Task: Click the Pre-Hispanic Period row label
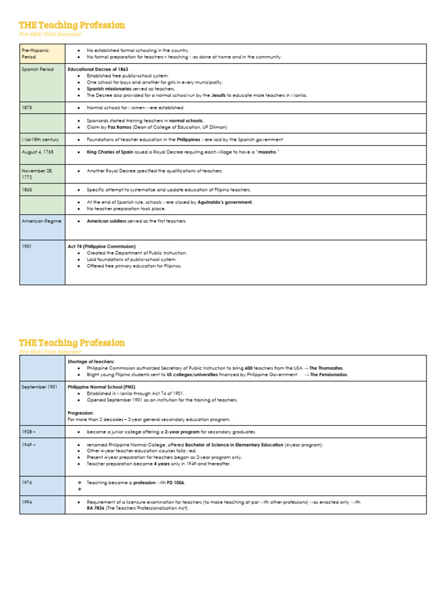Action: (35, 54)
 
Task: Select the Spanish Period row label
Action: (37, 69)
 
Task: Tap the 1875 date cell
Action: (27, 108)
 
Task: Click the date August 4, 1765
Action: (38, 152)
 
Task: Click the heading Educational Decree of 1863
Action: (98, 69)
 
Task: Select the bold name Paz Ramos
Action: (120, 127)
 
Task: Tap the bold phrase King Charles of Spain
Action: (114, 152)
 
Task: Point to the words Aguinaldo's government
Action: (225, 202)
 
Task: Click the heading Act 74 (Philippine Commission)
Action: (101, 246)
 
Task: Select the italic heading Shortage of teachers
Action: (91, 361)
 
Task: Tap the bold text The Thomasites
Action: (326, 368)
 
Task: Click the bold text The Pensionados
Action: (328, 374)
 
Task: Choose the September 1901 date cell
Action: (40, 387)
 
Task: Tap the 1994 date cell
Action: (27, 502)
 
